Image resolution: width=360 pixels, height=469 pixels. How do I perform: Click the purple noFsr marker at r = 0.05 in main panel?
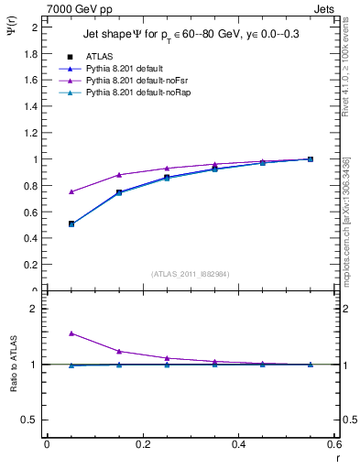coord(47,191)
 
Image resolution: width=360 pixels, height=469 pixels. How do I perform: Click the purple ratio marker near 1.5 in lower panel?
coord(47,333)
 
